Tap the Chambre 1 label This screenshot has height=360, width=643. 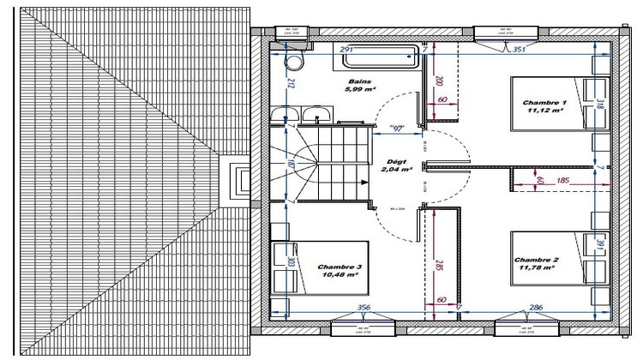pos(544,102)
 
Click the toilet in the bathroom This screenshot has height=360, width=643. pos(294,62)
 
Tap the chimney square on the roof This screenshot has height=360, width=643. pos(239,180)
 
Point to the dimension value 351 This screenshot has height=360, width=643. pos(518,50)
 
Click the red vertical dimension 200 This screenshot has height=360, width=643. pos(439,81)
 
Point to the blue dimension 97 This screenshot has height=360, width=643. pos(399,129)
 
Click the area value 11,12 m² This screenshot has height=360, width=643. pos(544,111)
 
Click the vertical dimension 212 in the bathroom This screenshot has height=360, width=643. pos(291,84)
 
